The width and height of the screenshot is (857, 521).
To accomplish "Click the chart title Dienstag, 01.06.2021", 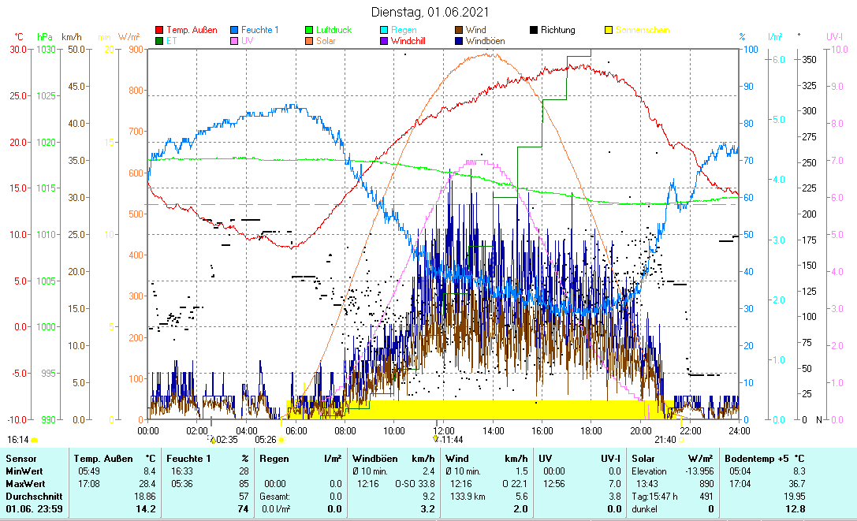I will tap(430, 12).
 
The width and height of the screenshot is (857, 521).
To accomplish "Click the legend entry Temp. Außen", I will tap(192, 30).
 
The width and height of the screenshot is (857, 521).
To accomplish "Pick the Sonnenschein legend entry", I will tap(643, 30).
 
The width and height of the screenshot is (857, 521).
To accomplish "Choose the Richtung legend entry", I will tap(557, 30).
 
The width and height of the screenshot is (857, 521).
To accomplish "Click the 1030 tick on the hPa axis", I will tap(45, 49).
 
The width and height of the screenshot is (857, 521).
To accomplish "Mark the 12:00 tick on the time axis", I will tap(443, 430).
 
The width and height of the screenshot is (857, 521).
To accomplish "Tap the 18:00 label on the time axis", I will tap(591, 430).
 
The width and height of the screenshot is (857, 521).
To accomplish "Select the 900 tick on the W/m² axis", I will tap(135, 49).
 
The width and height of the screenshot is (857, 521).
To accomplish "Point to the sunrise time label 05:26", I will tap(266, 440).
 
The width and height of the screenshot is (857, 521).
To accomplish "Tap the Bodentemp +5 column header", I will tap(767, 458).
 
